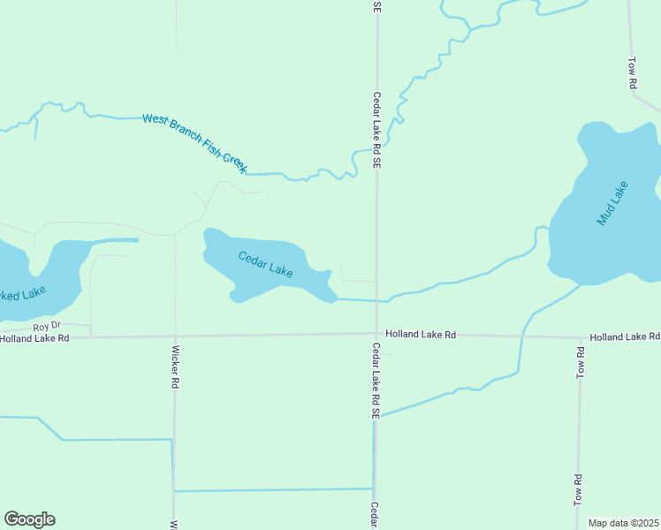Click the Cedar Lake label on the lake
tap(265, 264)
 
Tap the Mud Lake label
tap(612, 203)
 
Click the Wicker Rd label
tap(175, 366)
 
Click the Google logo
tap(29, 519)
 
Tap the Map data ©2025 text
tap(624, 523)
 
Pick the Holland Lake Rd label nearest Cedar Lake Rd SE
tap(421, 335)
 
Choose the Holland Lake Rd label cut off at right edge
tap(625, 337)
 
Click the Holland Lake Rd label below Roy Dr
tap(34, 338)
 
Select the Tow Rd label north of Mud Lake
tap(633, 73)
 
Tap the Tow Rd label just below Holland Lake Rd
tap(581, 364)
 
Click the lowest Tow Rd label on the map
tap(579, 489)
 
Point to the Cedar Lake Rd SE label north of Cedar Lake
tap(376, 130)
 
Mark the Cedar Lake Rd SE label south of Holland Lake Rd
tap(376, 380)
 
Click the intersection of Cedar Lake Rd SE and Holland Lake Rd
tap(376, 334)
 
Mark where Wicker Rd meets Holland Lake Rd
tap(175, 336)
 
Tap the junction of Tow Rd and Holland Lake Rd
tap(580, 337)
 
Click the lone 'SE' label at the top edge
tap(377, 6)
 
